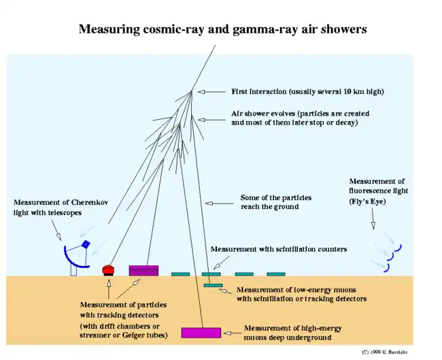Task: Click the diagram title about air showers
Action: coord(222,29)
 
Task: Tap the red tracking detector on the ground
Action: coord(107,270)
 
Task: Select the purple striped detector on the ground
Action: coord(143,270)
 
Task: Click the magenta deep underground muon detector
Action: coord(201,332)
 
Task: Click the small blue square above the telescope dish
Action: coord(86,244)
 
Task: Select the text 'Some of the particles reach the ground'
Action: coord(275,202)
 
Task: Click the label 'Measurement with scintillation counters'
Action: coord(279,249)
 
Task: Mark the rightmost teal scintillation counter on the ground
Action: coord(275,274)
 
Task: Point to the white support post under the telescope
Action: coord(73,269)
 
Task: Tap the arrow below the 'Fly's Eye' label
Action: coord(372,221)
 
